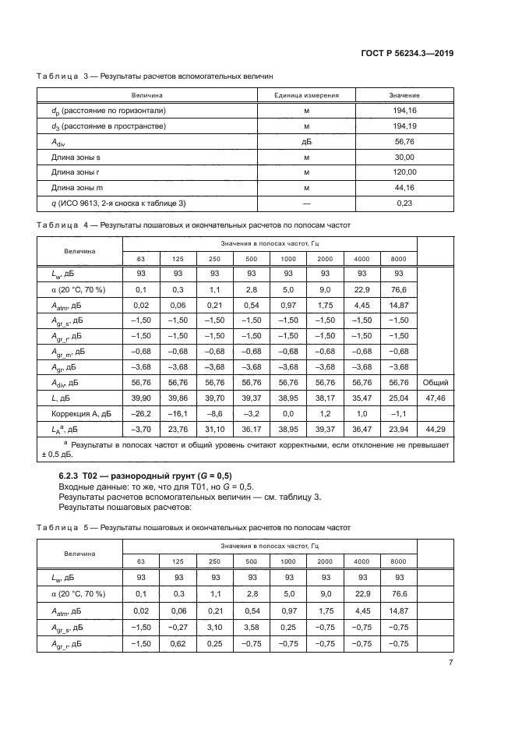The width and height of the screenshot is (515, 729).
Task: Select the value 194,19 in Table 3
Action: click(x=404, y=125)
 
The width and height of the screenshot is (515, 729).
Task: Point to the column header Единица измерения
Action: click(x=307, y=95)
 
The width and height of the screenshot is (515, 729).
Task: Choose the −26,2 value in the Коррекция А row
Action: click(x=141, y=412)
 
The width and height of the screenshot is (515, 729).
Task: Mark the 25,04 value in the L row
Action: click(x=399, y=397)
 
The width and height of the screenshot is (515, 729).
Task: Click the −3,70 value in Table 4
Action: click(x=141, y=428)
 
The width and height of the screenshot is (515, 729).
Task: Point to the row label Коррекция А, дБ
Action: click(x=69, y=412)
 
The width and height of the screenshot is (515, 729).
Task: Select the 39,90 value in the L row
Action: click(x=141, y=397)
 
